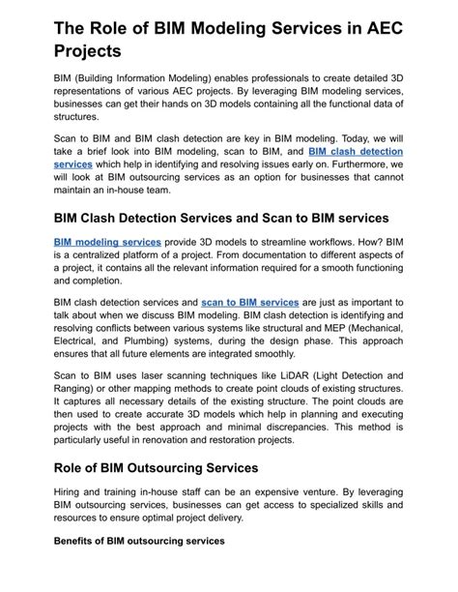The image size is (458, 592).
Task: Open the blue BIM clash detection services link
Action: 356,152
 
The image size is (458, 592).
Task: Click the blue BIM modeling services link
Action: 108,241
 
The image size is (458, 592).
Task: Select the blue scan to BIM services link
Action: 250,302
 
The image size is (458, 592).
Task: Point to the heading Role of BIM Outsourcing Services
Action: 156,467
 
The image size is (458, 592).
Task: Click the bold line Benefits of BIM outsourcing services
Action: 139,541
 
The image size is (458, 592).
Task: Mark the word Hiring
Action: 72,492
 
